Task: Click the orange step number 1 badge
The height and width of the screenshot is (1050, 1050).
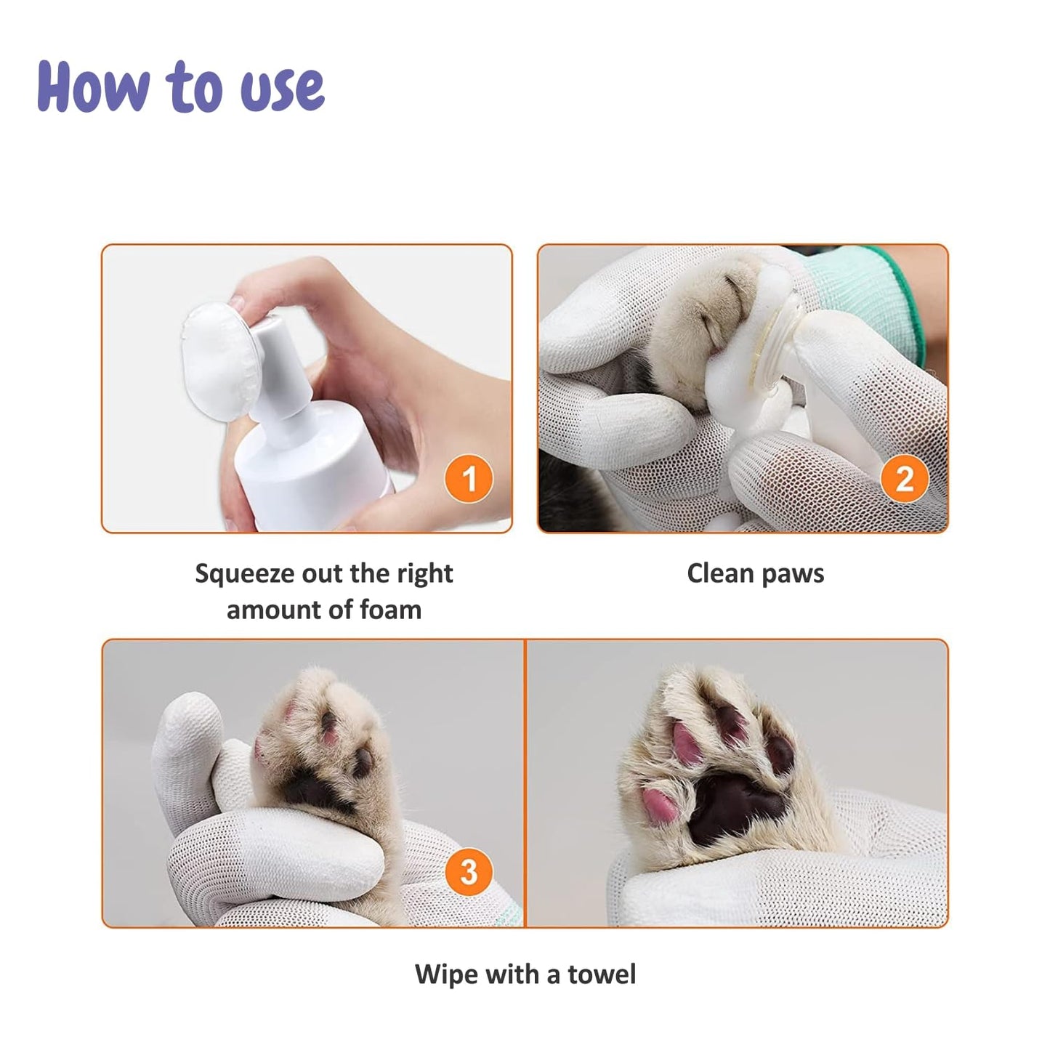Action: click(x=469, y=479)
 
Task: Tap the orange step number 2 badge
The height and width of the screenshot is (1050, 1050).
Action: click(x=904, y=479)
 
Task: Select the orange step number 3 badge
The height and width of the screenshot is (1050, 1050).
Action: click(x=469, y=872)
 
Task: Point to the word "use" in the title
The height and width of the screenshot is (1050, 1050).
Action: click(x=283, y=89)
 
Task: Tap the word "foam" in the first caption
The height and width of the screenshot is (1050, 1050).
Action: click(x=390, y=610)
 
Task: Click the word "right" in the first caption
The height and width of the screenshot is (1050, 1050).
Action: click(x=424, y=574)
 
